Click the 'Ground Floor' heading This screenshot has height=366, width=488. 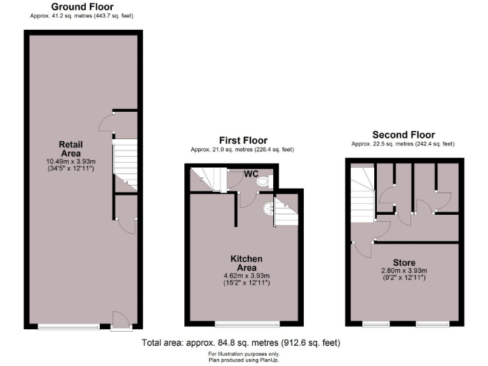pyautogui.click(x=82, y=7)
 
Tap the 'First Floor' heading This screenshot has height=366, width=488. pyautogui.click(x=243, y=140)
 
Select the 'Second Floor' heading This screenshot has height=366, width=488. pyautogui.click(x=403, y=135)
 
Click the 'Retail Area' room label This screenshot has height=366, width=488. pyautogui.click(x=71, y=149)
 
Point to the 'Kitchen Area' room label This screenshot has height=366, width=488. pyautogui.click(x=247, y=264)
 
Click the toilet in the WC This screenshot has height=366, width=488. pyautogui.click(x=263, y=182)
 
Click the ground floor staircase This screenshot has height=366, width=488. pyautogui.click(x=126, y=164)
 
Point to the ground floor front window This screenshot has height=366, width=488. pyautogui.click(x=68, y=327)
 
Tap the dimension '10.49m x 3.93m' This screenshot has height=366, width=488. pyautogui.click(x=70, y=161)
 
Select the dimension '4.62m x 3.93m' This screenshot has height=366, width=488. pyautogui.click(x=247, y=276)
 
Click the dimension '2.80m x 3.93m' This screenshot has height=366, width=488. pyautogui.click(x=404, y=270)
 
